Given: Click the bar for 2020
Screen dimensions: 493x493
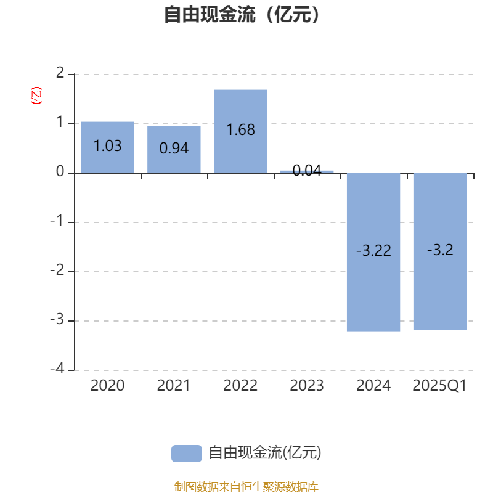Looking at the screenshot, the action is click(107, 147).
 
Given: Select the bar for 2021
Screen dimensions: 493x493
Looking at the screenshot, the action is click(174, 149).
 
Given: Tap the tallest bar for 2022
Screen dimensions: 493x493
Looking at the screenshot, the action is click(240, 131).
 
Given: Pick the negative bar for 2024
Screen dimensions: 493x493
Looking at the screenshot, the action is click(373, 252).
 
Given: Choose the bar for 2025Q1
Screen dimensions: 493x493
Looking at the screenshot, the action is click(440, 251).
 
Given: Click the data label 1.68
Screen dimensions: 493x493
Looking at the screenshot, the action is click(240, 130).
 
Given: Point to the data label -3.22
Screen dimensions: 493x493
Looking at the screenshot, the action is click(373, 251).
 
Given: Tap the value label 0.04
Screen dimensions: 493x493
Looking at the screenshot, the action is click(307, 171).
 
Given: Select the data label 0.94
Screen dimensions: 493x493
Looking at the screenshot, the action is click(174, 148).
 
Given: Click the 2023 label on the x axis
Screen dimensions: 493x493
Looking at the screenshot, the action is click(307, 386).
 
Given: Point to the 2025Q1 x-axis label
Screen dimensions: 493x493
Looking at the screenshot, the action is click(439, 386).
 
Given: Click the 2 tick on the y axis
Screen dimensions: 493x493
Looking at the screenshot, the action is click(60, 73).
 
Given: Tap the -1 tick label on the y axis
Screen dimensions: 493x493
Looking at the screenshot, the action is click(57, 221).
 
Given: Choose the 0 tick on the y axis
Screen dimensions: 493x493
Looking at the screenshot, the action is click(60, 172).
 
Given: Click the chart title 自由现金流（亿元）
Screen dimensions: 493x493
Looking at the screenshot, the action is click(242, 14).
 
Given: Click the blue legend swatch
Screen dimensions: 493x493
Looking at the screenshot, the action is click(187, 454).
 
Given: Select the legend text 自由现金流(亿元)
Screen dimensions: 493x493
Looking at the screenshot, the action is click(265, 453).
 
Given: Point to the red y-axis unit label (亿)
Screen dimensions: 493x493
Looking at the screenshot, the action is click(36, 96).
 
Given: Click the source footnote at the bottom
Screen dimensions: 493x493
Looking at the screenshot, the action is click(246, 486).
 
